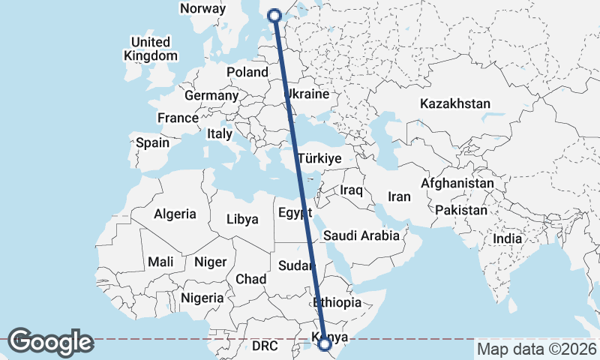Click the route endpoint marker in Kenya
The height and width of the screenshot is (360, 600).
[x=325, y=344]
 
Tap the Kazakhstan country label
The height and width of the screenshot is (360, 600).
[x=455, y=103]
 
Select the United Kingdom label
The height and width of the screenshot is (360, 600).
[x=151, y=49]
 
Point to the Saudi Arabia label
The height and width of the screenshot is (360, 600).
[x=361, y=235]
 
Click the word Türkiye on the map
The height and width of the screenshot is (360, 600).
[x=319, y=159]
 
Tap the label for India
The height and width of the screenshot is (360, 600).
[x=507, y=238]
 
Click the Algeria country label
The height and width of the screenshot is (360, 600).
[x=175, y=214]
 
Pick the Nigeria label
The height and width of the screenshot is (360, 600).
[x=200, y=298]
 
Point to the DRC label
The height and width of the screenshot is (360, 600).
[x=265, y=346]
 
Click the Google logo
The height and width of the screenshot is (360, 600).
[x=50, y=342]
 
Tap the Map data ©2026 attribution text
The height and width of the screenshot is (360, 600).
[x=536, y=349]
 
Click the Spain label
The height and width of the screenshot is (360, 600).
[x=152, y=142]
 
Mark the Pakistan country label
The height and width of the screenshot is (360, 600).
[x=460, y=210]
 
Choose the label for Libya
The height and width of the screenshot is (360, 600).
[x=242, y=220]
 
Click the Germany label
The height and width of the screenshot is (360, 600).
[x=211, y=96]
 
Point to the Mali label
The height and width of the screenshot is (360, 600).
[x=160, y=262]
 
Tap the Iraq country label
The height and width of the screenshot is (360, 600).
[x=351, y=190]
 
